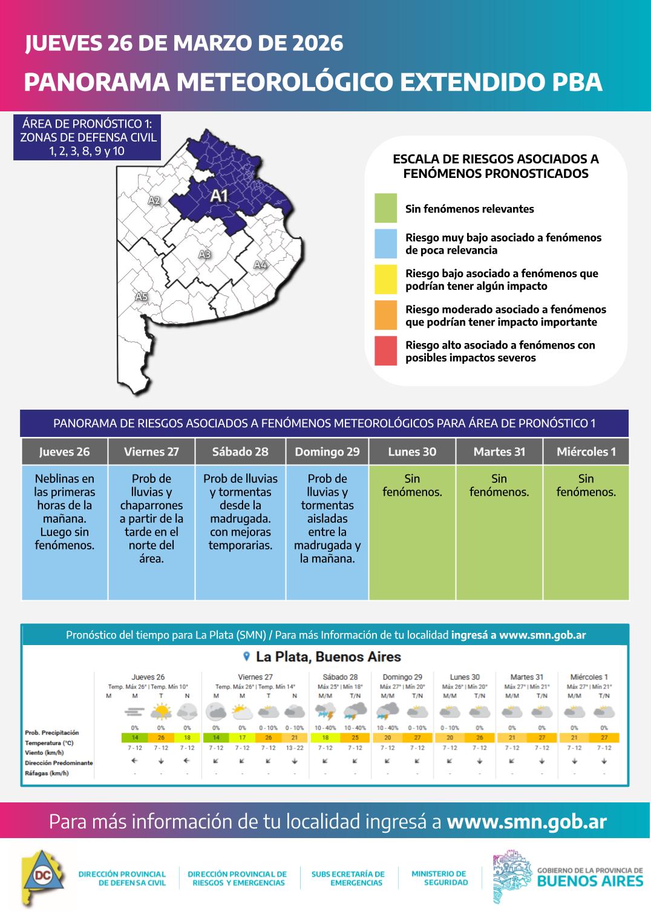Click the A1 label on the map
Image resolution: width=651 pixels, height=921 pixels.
(218, 195)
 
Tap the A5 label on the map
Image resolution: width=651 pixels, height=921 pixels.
(141, 297)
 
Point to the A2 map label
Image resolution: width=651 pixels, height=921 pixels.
(154, 200)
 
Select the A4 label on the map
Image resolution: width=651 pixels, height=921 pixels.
(260, 264)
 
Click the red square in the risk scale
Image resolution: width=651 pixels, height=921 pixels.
(385, 351)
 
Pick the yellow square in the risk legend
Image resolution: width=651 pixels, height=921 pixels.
(385, 279)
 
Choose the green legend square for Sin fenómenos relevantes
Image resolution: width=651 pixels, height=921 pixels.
(385, 208)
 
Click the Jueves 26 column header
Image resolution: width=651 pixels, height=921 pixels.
(64, 452)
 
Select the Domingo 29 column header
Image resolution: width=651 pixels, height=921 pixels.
(327, 452)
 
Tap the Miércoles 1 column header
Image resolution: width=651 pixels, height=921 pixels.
(586, 452)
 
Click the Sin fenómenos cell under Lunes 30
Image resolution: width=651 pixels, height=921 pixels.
(412, 533)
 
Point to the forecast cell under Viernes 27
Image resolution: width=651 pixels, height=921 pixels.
(151, 533)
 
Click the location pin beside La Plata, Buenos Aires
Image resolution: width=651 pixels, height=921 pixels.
(246, 657)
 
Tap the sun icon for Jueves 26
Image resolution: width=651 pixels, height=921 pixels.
(161, 711)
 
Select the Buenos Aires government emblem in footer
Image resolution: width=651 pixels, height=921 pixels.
(512, 877)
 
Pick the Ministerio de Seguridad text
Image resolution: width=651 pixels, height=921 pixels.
(439, 878)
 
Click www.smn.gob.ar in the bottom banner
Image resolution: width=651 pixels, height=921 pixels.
(526, 822)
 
